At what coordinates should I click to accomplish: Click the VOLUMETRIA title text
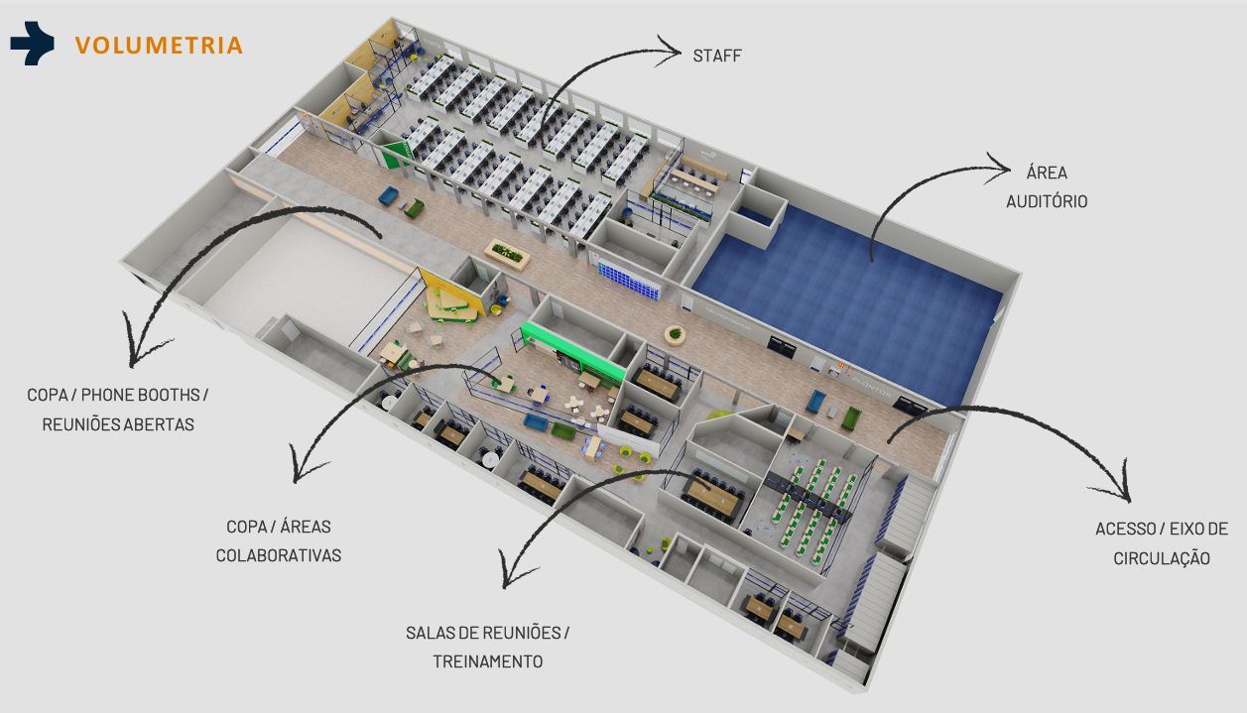[x=159, y=46]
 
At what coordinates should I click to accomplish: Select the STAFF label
[x=717, y=56]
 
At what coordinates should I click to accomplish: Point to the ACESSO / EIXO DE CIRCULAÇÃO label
[x=1161, y=543]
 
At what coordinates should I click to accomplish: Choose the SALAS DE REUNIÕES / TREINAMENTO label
[x=487, y=647]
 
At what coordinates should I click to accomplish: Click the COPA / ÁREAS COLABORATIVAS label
[x=279, y=540]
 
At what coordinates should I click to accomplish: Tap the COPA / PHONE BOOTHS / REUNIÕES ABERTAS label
[x=118, y=410]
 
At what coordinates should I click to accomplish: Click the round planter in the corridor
[x=677, y=333]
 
